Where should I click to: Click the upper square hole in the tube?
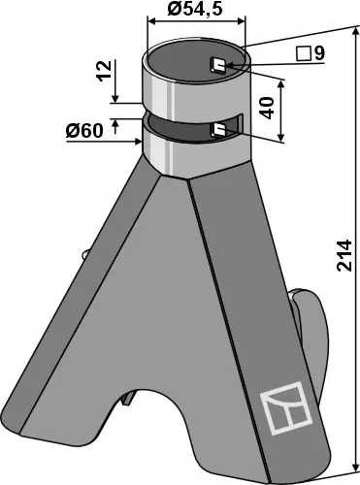click(x=219, y=67)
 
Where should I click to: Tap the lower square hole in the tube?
click(x=219, y=129)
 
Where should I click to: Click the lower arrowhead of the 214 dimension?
click(x=353, y=466)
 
